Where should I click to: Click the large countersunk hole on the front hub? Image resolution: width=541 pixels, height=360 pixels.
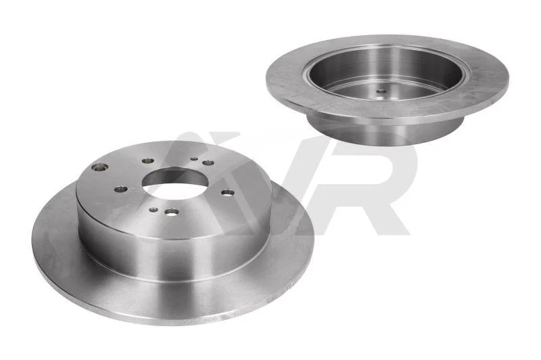point(99,167)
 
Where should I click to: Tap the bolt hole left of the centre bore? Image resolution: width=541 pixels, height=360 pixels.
point(121,189)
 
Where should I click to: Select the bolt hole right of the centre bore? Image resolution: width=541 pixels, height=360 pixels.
point(228,193)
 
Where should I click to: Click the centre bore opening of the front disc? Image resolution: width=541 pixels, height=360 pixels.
point(174,184)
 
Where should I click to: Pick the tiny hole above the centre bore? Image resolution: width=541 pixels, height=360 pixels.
point(194,159)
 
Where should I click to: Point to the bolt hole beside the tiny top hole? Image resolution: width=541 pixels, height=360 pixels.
point(208,162)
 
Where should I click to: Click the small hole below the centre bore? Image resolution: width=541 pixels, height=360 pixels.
point(154,210)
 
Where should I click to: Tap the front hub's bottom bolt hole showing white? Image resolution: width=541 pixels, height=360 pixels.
point(172,212)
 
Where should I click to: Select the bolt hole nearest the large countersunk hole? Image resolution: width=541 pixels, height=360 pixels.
point(148,161)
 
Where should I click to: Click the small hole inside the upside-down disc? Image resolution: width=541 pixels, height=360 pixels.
point(380,92)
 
